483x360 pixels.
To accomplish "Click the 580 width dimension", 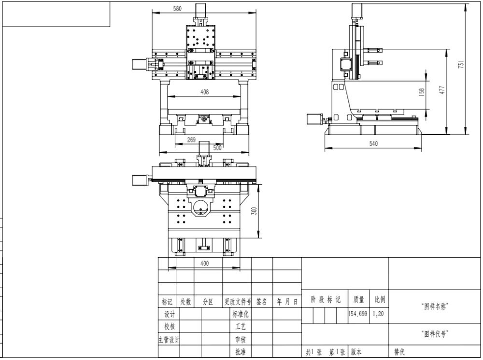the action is tap(177, 9).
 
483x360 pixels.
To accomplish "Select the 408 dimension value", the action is tap(204, 92).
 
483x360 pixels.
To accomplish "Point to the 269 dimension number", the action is tap(191, 139).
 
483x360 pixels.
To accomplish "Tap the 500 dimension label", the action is tap(217, 148).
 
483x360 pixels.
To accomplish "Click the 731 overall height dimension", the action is tap(461, 64).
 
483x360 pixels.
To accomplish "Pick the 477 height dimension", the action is tap(442, 90).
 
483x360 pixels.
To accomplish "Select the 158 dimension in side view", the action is tap(422, 92).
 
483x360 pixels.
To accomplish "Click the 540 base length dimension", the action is tap(373, 143).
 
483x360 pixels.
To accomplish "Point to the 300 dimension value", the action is tap(254, 211).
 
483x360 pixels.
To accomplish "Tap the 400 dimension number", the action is tap(204, 263).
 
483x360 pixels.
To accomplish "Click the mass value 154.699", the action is tap(357, 314).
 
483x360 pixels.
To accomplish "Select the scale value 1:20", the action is tap(378, 314).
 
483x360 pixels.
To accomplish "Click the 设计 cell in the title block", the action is tap(170, 315).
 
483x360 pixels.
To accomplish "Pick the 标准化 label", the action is tap(240, 315).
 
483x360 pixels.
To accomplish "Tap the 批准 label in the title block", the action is tap(240, 352).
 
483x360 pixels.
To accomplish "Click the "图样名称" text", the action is tap(435, 306).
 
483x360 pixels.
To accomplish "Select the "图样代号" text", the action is tap(435, 333).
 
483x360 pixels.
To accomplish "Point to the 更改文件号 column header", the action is tap(238, 302).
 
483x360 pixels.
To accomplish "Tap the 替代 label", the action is tap(399, 352).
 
